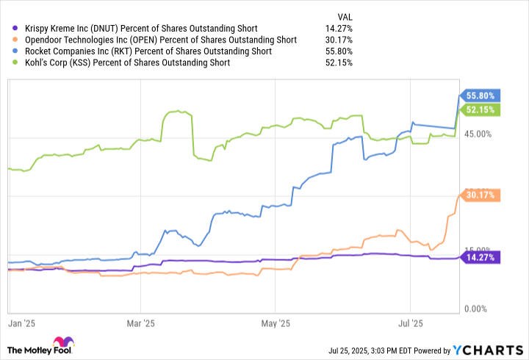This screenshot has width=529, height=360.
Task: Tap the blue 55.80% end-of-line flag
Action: coord(481,95)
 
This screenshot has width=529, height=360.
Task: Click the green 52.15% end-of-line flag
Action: coord(481,109)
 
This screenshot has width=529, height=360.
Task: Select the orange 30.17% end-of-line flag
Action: coord(481,195)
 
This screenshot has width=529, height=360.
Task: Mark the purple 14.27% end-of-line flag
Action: coord(481,257)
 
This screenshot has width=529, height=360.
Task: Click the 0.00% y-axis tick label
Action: coord(477,309)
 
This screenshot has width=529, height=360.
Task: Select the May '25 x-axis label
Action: coord(274,323)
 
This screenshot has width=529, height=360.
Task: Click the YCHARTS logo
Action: coord(492,349)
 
